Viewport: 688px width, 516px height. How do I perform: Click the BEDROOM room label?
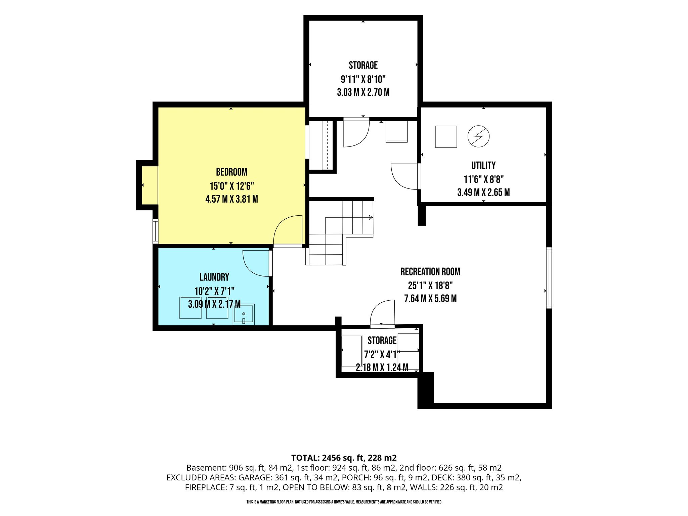231,172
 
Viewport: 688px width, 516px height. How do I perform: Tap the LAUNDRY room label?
214,277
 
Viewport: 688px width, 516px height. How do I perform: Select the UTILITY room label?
483,166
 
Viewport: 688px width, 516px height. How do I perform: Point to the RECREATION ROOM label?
430,272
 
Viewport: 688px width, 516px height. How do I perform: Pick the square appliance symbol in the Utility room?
446,137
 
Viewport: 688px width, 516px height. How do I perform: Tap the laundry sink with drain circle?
244,314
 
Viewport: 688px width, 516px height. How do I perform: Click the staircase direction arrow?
371,217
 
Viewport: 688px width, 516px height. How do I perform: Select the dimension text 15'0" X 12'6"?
232,186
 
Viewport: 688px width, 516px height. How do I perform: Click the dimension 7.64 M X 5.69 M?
430,299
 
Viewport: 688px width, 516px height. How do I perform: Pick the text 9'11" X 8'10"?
363,79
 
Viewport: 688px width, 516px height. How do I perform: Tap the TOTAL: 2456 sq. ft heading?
344,458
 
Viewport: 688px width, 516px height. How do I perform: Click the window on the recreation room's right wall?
549,278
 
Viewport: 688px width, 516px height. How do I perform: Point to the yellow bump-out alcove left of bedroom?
149,185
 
